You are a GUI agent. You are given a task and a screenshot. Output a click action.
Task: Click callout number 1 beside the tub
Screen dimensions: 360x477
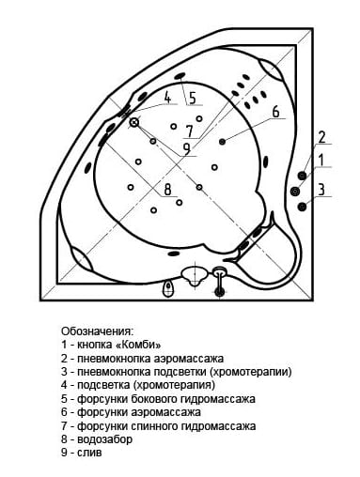click(x=321, y=160)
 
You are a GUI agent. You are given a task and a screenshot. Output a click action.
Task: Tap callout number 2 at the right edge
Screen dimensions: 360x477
click(x=321, y=138)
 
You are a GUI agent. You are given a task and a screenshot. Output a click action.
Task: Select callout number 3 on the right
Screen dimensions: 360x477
click(x=321, y=190)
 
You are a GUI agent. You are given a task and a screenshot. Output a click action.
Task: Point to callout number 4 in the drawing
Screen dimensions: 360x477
click(x=167, y=98)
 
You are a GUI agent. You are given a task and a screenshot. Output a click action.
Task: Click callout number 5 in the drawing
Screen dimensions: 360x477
click(x=193, y=98)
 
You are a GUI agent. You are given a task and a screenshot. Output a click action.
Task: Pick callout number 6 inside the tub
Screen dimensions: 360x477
click(x=275, y=112)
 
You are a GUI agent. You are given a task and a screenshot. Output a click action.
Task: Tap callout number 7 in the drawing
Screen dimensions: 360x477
click(x=189, y=131)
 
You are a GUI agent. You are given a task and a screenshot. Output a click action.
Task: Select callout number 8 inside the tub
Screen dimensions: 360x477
click(x=168, y=190)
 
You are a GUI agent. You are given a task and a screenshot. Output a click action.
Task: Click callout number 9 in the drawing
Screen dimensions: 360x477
click(x=187, y=149)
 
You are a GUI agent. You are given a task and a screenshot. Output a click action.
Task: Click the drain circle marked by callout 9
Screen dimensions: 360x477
click(x=134, y=122)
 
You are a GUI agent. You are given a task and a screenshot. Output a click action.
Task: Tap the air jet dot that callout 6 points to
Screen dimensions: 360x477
click(x=223, y=142)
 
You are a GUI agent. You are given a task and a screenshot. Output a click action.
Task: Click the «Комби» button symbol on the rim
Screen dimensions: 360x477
click(x=295, y=191)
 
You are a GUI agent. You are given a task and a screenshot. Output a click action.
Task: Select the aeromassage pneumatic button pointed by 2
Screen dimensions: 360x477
click(x=302, y=176)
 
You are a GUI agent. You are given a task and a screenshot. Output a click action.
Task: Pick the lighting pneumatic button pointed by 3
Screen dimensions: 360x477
click(x=302, y=207)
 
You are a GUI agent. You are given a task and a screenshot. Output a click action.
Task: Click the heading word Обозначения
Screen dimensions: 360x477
click(x=98, y=331)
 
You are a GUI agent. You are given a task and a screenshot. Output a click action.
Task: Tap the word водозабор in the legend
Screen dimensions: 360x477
click(x=104, y=439)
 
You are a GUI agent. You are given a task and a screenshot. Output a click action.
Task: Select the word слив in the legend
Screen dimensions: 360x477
click(x=89, y=453)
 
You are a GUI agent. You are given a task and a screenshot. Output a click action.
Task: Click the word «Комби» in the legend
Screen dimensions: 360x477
click(x=138, y=345)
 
